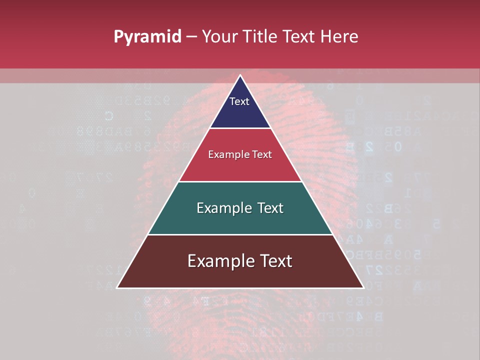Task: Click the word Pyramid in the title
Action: [147, 37]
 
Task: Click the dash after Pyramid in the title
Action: [191, 37]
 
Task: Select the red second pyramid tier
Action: [240, 167]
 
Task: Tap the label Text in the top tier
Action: [239, 101]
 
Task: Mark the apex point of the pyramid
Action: [240, 75]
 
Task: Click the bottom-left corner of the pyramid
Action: [117, 287]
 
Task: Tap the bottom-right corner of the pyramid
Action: [363, 287]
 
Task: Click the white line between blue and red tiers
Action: [240, 128]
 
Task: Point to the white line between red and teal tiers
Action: [240, 181]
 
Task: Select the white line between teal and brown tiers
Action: [240, 234]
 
